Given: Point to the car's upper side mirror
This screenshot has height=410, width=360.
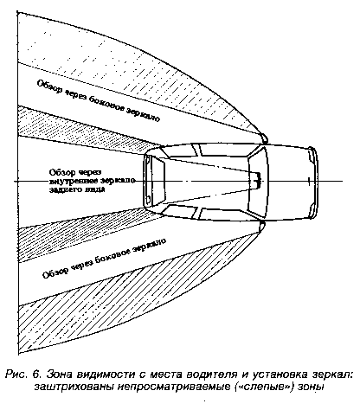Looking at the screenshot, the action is [x=264, y=138].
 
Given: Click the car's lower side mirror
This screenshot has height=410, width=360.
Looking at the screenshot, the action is [x=261, y=227].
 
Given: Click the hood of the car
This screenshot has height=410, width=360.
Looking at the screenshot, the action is [x=288, y=183].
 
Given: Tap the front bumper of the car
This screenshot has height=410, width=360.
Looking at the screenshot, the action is [x=314, y=183].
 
